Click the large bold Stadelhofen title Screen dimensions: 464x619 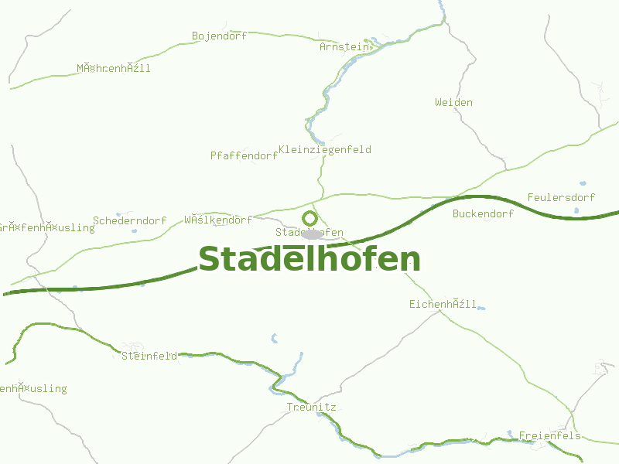(309, 260)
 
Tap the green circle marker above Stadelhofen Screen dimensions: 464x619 (309, 218)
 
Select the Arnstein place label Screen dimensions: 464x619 (344, 47)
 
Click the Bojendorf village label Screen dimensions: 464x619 (219, 36)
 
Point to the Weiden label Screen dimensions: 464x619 (453, 103)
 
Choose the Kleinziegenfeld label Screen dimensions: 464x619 (324, 150)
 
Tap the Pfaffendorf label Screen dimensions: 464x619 (244, 156)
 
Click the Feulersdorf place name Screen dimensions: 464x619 (561, 198)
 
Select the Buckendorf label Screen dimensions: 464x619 (484, 214)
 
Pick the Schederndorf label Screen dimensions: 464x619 (129, 221)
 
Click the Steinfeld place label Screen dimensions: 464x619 (149, 357)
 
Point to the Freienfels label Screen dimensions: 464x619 (550, 436)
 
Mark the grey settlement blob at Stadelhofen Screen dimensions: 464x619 (312, 234)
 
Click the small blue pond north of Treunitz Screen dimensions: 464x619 (274, 338)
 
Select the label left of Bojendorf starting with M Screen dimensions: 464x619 (114, 69)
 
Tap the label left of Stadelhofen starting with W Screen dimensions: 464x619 (218, 220)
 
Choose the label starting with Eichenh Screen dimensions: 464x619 (443, 305)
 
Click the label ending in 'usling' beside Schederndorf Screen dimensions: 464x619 (46, 228)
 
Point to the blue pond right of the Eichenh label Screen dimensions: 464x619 (481, 309)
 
